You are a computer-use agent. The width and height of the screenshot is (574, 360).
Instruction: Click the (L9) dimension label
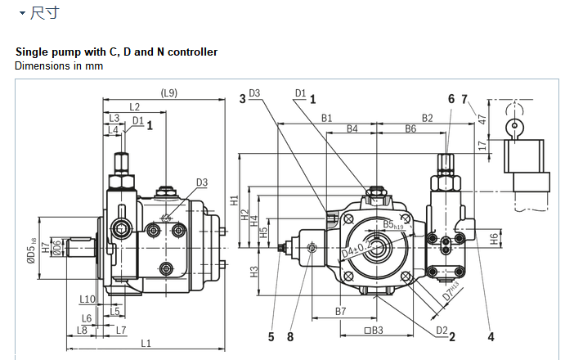coord(168,92)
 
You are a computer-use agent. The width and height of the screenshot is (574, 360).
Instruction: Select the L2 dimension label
coord(134,107)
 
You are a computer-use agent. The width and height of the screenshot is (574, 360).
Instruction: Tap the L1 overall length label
coord(146,342)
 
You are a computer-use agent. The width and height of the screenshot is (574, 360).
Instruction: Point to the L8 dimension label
coord(82,330)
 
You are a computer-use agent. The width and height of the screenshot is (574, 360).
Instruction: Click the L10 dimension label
coord(88,299)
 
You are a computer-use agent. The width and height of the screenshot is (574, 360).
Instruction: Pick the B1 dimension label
coord(326,118)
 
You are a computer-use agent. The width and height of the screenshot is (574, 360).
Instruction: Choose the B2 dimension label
coord(427,118)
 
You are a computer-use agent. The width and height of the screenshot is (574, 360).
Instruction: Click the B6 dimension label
coord(410,129)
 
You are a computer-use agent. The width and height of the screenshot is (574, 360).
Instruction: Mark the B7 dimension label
coord(341,312)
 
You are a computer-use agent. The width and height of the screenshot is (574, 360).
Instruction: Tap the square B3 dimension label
coord(373,331)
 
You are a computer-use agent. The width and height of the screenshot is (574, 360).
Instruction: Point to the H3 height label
coord(254,271)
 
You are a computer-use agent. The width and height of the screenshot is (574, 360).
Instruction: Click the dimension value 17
coord(482,146)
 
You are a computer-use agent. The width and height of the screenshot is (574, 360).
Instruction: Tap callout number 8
coord(289,335)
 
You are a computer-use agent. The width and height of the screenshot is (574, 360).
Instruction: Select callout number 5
coord(271,335)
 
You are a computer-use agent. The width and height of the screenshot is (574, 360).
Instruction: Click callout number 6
coord(451,98)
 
